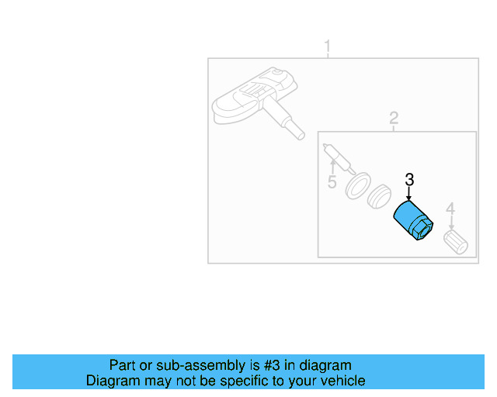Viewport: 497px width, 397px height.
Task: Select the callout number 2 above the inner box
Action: [x=394, y=118]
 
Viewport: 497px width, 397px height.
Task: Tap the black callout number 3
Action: [x=409, y=180]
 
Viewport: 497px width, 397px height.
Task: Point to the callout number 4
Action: [x=450, y=208]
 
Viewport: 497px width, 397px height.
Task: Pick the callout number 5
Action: [x=332, y=183]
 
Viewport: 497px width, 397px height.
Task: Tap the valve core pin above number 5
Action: [x=335, y=155]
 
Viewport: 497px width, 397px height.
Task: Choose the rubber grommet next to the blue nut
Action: [x=379, y=197]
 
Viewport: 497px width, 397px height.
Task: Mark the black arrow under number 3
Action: [x=409, y=195]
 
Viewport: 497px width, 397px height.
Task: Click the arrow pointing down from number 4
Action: [x=450, y=221]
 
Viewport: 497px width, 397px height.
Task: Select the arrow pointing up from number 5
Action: [x=332, y=167]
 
